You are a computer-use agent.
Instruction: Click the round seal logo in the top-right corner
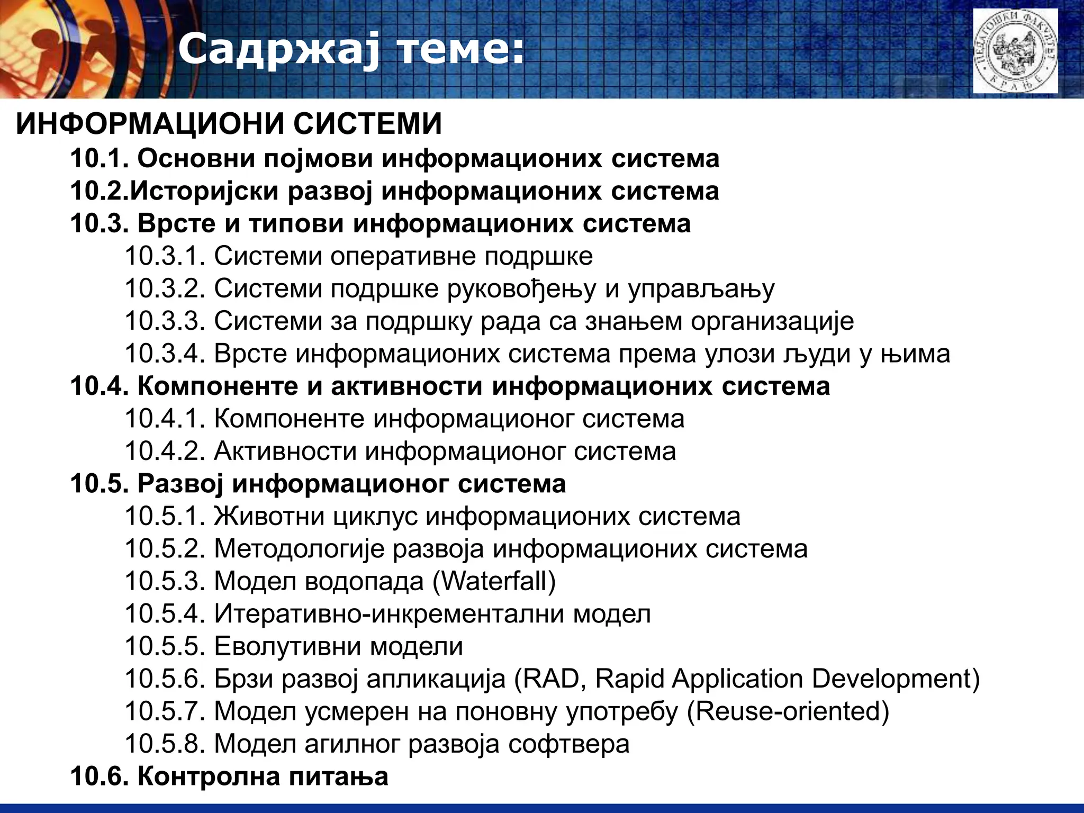(1015, 51)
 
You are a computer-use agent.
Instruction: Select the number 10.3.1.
(165, 256)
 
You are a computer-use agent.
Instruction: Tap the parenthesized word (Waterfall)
(494, 581)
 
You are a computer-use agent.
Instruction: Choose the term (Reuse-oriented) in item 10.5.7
(788, 711)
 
